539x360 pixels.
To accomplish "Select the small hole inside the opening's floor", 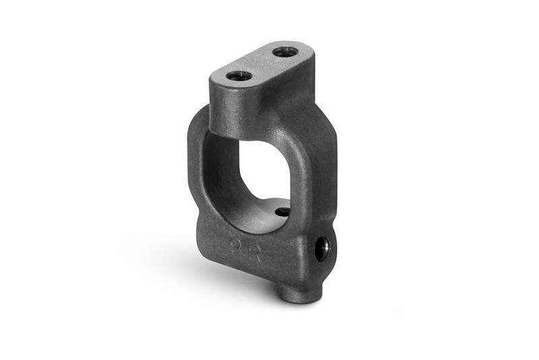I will (283, 212).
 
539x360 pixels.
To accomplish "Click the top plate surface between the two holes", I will (261, 64).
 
